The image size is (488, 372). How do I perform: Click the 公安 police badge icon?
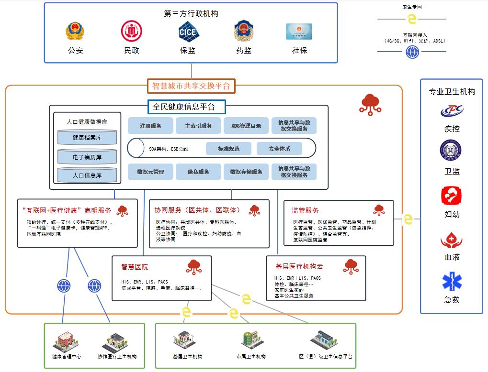click(75, 32)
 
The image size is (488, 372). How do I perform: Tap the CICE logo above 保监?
click(188, 32)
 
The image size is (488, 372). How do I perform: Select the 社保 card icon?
click(299, 32)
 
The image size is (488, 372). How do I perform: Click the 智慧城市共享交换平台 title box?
click(191, 86)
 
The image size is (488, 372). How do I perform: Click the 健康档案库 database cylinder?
click(87, 138)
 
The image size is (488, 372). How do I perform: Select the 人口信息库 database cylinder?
click(87, 175)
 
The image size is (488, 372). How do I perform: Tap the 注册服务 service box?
click(150, 126)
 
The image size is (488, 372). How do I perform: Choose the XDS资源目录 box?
click(246, 126)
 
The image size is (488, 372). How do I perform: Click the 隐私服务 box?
click(198, 172)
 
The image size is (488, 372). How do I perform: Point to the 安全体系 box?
click(279, 149)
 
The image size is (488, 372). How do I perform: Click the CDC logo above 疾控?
click(452, 111)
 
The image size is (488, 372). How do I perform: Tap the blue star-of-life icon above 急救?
click(452, 282)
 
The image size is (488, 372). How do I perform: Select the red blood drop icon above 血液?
click(452, 239)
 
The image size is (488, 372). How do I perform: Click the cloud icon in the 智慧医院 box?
click(193, 267)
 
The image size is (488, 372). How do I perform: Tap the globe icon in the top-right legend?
click(412, 52)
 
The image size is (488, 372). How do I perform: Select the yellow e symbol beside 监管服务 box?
click(408, 219)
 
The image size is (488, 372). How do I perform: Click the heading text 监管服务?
click(305, 210)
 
